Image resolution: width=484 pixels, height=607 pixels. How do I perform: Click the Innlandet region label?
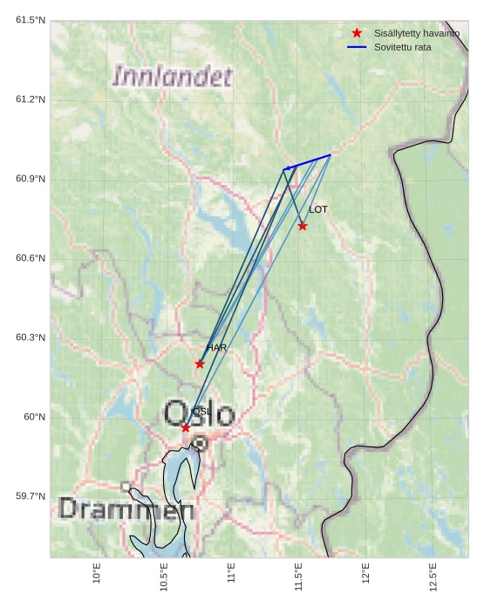(173, 77)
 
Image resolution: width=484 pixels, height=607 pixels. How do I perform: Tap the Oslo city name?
(200, 413)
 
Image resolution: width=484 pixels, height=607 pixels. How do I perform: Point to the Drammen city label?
(126, 509)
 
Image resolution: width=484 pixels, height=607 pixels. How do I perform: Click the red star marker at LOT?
(303, 226)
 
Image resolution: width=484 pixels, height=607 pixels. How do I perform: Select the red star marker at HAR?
(200, 364)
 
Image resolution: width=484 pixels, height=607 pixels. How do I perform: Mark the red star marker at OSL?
(186, 427)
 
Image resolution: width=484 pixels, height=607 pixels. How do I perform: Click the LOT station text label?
(318, 209)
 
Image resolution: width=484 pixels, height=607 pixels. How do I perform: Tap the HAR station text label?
(216, 348)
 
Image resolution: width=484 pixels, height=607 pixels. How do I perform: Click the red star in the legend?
(357, 32)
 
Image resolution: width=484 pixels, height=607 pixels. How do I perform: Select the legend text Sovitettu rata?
(403, 46)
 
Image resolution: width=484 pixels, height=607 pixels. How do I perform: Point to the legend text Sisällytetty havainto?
(417, 32)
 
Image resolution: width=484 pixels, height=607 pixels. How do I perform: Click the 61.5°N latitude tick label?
(31, 20)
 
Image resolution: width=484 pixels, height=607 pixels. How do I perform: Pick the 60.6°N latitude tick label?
(31, 258)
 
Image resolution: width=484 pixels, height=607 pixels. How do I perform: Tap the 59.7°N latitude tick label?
(31, 496)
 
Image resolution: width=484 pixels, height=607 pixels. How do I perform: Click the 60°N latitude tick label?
(35, 417)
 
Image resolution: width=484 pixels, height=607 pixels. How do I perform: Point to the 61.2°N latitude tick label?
(31, 99)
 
